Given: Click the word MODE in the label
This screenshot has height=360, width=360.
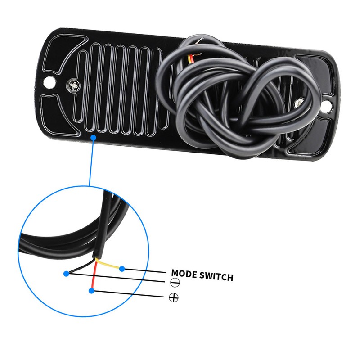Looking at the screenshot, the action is point(184,274).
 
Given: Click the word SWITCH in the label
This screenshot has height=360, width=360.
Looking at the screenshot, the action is point(216,276).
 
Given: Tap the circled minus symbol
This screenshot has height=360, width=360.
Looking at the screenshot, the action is point(175,283).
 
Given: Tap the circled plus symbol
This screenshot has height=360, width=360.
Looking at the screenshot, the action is point(174,298).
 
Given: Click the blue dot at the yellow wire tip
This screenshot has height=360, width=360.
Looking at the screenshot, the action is point(122,269).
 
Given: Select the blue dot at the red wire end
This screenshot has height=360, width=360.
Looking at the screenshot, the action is point(91,291).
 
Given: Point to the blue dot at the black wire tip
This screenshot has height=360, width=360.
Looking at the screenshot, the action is point(66,274).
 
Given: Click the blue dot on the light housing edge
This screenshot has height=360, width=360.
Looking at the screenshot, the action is point(93,138).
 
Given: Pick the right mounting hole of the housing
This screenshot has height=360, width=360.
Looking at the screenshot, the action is point(328,106).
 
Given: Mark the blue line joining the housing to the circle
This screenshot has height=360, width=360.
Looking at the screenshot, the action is point(91,162).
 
